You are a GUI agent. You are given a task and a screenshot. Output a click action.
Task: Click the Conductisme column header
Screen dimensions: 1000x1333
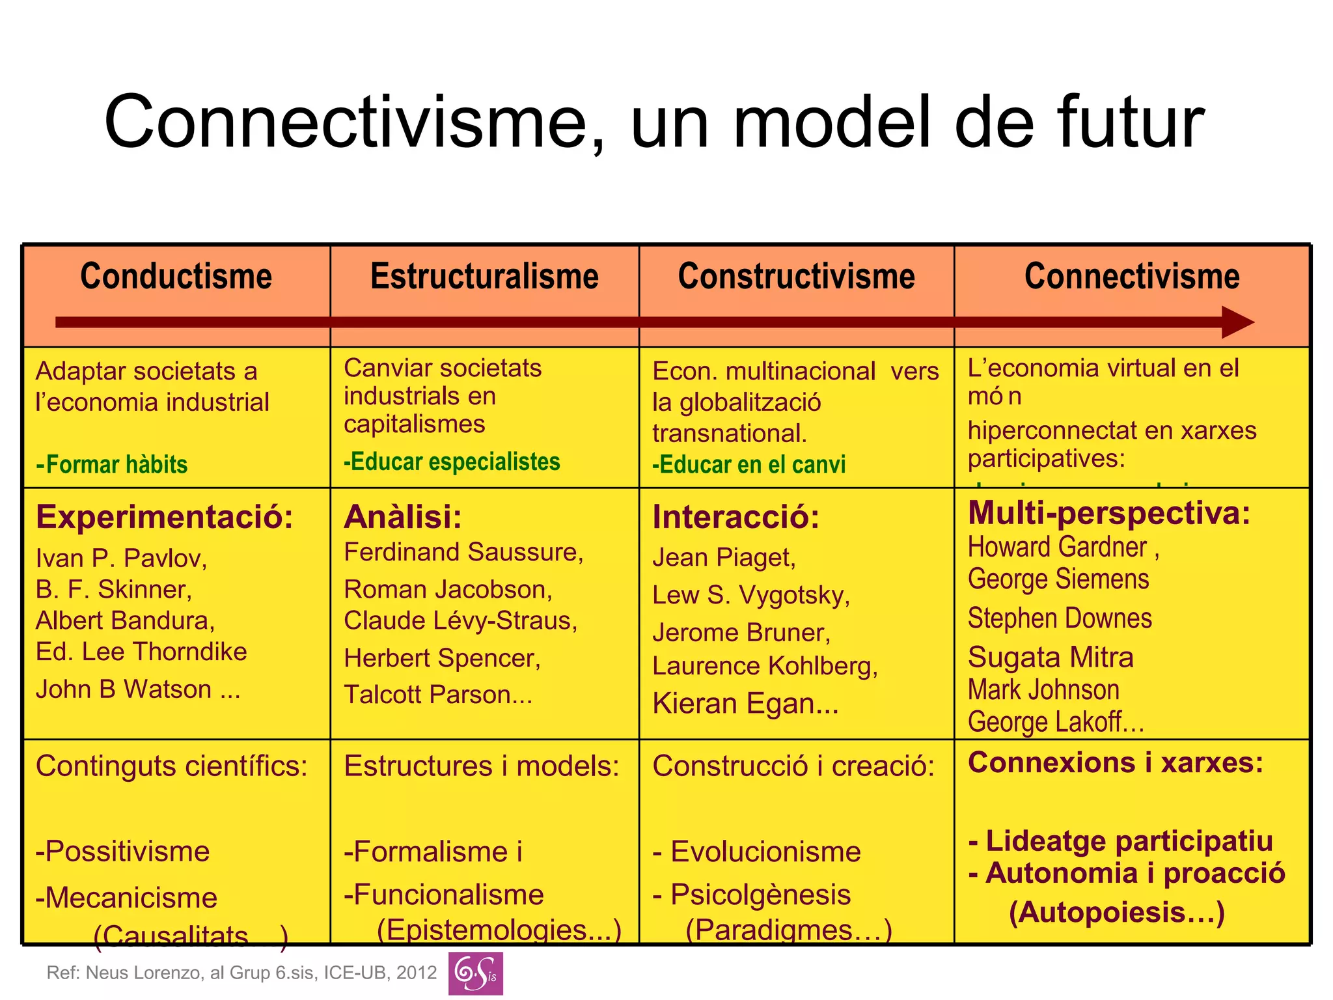pyautogui.click(x=176, y=277)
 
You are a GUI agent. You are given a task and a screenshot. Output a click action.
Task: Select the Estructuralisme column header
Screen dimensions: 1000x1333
pyautogui.click(x=484, y=277)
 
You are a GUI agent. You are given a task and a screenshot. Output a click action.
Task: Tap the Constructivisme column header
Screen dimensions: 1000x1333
pyautogui.click(x=796, y=277)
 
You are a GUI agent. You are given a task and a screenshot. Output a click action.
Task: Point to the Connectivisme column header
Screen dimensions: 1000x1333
pyautogui.click(x=1132, y=277)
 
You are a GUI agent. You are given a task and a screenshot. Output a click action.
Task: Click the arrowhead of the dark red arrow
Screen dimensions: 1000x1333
pyautogui.click(x=1236, y=322)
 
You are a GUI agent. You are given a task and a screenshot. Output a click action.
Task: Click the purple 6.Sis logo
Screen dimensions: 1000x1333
pyautogui.click(x=475, y=973)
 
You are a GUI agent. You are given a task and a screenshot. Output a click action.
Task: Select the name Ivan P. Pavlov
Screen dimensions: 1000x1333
pyautogui.click(x=121, y=559)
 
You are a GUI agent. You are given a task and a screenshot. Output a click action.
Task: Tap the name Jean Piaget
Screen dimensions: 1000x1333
pyautogui.click(x=724, y=557)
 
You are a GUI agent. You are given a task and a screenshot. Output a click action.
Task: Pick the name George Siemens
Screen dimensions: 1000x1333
pyautogui.click(x=1058, y=579)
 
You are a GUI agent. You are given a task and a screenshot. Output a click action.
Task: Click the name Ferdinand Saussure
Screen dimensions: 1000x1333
pyautogui.click(x=463, y=552)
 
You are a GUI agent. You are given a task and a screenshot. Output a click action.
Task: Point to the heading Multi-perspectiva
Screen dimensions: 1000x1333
pyautogui.click(x=1109, y=513)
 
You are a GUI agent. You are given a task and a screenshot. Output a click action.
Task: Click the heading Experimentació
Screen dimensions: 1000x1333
pyautogui.click(x=165, y=517)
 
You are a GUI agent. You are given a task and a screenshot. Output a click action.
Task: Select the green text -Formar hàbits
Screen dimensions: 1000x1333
pyautogui.click(x=112, y=465)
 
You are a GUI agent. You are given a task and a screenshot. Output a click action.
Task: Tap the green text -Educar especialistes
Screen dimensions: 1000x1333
pyautogui.click(x=452, y=462)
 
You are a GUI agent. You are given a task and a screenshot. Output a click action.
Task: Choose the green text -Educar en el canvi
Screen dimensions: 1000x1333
pyautogui.click(x=749, y=465)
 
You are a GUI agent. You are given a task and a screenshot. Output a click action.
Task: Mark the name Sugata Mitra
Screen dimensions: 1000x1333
pyautogui.click(x=1051, y=658)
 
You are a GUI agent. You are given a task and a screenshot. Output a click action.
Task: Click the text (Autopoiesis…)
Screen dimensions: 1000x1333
pyautogui.click(x=1117, y=912)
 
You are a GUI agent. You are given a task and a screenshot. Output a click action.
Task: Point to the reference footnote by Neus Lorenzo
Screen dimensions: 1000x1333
pyautogui.click(x=241, y=973)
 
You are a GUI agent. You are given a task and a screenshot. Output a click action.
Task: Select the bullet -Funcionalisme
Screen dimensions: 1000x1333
pyautogui.click(x=444, y=895)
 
